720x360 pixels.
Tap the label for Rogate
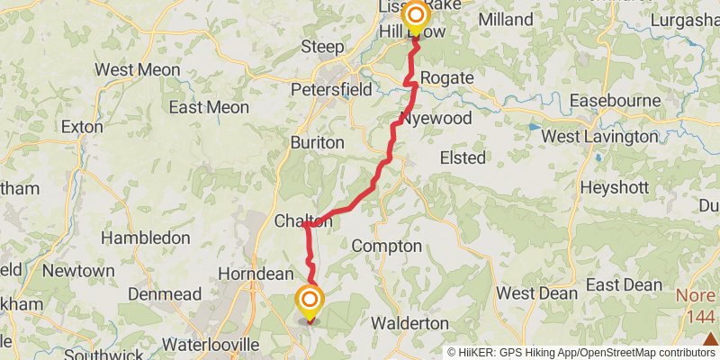tap(446, 78)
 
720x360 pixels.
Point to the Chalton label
tap(302, 221)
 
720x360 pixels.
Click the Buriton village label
tap(317, 142)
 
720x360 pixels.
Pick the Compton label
tap(386, 246)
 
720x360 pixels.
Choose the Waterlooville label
tap(211, 344)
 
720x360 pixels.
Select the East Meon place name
tap(209, 108)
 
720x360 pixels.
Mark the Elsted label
tap(463, 158)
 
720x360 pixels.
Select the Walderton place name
tap(409, 322)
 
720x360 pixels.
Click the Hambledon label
tap(146, 238)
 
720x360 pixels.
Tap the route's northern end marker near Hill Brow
tap(416, 16)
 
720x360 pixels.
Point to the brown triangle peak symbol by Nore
tap(710, 338)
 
